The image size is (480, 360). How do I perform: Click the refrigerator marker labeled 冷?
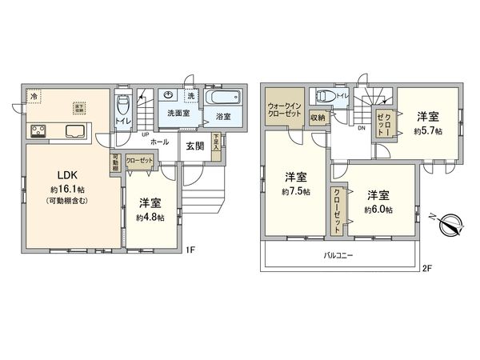point(34,97)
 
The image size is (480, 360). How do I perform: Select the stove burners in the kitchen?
point(38,132)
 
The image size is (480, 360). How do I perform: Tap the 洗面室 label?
point(178,114)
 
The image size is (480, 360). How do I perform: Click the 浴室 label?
point(224,117)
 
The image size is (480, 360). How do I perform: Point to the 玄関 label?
point(195,146)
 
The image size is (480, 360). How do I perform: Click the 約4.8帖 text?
point(150,217)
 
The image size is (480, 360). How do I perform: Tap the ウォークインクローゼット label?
point(284,110)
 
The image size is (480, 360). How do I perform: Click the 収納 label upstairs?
point(317,118)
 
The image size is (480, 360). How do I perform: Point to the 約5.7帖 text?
point(428,130)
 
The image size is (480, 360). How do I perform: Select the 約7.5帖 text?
point(296,192)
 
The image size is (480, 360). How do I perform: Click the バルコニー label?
point(339,254)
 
